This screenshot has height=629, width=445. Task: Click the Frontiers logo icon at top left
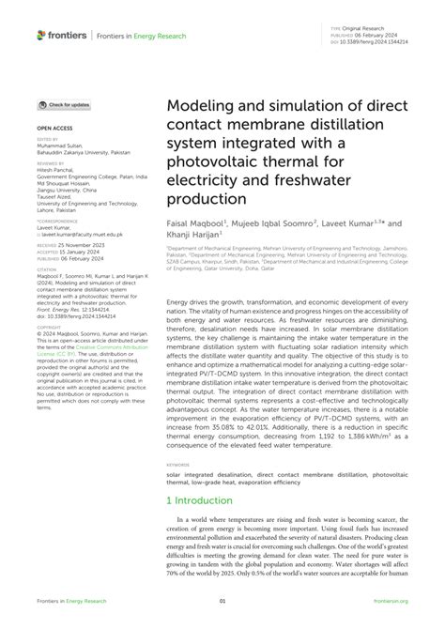click(x=41, y=35)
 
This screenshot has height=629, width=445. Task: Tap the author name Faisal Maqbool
click(x=196, y=225)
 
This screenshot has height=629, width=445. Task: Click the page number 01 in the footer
click(x=222, y=601)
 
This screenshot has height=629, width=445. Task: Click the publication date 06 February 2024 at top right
click(x=383, y=37)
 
